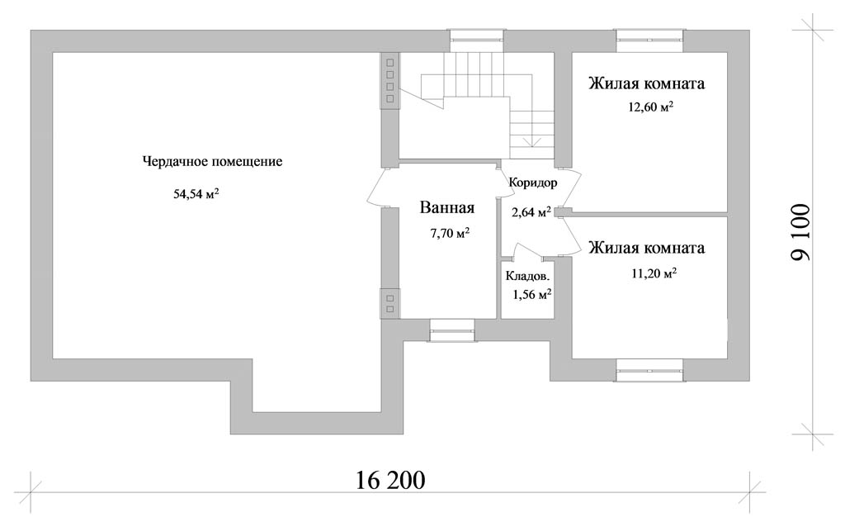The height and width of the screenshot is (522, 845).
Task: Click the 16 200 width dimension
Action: [x=390, y=480]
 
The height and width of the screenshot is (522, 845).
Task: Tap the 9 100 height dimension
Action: [x=800, y=232]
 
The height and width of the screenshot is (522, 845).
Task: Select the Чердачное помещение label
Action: [x=212, y=162]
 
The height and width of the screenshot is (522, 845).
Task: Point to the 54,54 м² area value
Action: [x=196, y=193]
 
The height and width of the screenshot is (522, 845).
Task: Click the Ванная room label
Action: [x=446, y=207]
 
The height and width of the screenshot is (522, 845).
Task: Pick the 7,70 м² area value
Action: [x=450, y=233]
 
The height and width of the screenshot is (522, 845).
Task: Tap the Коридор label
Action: [x=533, y=183]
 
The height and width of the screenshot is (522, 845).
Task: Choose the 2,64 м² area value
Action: [x=531, y=212]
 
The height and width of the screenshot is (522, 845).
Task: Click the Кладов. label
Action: [x=527, y=276]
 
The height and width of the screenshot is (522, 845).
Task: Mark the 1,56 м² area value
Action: [x=532, y=294]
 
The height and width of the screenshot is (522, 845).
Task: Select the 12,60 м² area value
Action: [x=651, y=107]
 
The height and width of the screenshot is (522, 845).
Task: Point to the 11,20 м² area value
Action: [x=654, y=273]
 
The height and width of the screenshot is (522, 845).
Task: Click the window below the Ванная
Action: [x=452, y=330]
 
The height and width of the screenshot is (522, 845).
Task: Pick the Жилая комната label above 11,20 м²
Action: [x=647, y=248]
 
